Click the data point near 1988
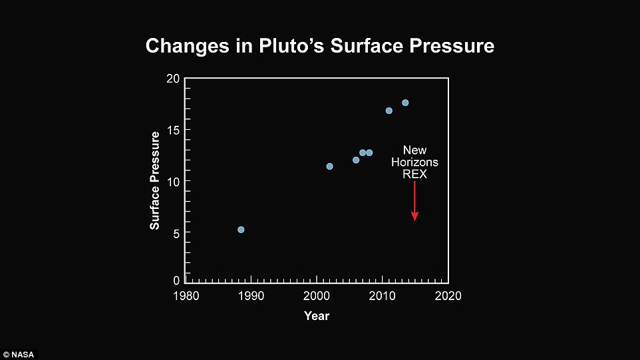[241, 230]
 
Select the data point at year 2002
[329, 166]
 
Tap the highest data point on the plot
[405, 102]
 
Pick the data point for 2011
[389, 110]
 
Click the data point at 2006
[356, 160]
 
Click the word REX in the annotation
[414, 174]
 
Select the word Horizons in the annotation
[414, 162]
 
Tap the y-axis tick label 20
[174, 79]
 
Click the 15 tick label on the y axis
[174, 130]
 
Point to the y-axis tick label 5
[176, 233]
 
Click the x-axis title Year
[317, 315]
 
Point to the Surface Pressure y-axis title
[155, 180]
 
